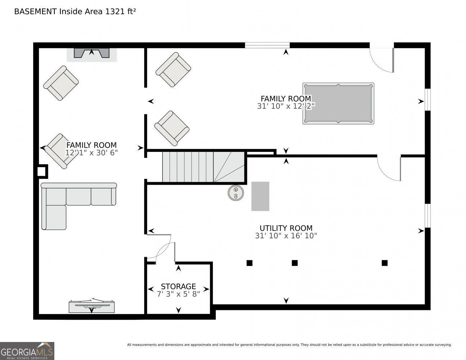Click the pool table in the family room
coord(338,103)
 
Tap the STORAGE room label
coord(178,287)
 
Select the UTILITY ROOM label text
coord(286,228)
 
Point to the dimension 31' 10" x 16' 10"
coord(286,236)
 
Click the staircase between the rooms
coord(203,167)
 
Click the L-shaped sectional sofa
coord(78,206)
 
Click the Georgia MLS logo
coord(27,351)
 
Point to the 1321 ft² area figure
coord(120,12)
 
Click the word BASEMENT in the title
coord(35,12)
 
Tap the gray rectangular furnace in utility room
coord(260,196)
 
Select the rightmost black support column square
coord(385,263)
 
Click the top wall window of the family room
coord(267,45)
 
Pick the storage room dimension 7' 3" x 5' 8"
coord(178,294)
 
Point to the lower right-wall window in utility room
coord(427,216)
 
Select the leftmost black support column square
coord(249,263)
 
